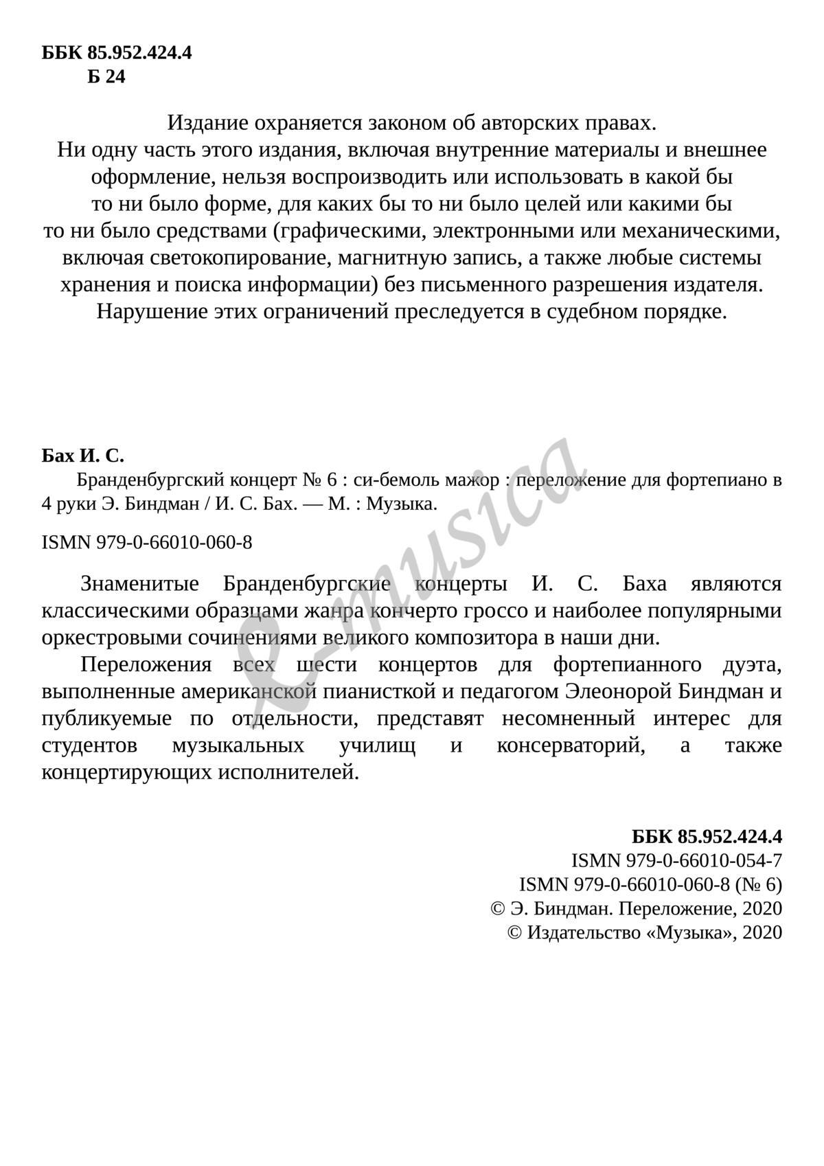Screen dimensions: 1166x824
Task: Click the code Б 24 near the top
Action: [106, 77]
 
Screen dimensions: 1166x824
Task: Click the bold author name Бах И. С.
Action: [82, 456]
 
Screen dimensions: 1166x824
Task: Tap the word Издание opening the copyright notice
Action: [207, 124]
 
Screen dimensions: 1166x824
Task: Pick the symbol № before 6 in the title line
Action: [310, 479]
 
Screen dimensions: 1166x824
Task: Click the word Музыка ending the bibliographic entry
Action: [401, 504]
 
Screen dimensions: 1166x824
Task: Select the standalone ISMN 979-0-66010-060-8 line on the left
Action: [147, 543]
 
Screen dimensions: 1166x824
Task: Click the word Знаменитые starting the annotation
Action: [139, 584]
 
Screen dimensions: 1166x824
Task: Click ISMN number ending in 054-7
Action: [676, 860]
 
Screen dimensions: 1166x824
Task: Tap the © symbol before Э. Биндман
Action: [498, 908]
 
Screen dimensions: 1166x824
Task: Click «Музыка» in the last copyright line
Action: [689, 932]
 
